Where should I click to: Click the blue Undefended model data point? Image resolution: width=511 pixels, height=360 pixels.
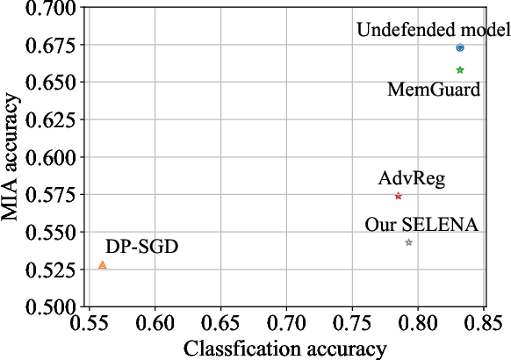(460, 47)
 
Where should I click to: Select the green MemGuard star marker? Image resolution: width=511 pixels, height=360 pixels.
(460, 69)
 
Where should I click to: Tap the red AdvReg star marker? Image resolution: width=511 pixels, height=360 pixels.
(398, 196)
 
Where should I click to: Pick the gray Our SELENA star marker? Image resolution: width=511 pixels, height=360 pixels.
(408, 241)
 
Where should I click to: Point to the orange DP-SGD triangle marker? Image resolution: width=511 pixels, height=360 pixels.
(103, 264)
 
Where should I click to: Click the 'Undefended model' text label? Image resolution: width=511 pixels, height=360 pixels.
(433, 31)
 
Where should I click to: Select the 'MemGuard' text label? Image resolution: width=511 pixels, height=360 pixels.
(434, 90)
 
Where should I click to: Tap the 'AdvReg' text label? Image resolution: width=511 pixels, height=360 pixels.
(412, 179)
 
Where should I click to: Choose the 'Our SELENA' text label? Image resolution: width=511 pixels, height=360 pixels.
(421, 225)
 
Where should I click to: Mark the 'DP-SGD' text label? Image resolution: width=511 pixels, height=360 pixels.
(141, 247)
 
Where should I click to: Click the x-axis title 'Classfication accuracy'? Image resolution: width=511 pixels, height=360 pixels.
(284, 349)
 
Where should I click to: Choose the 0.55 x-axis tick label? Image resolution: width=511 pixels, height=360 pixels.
(89, 324)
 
